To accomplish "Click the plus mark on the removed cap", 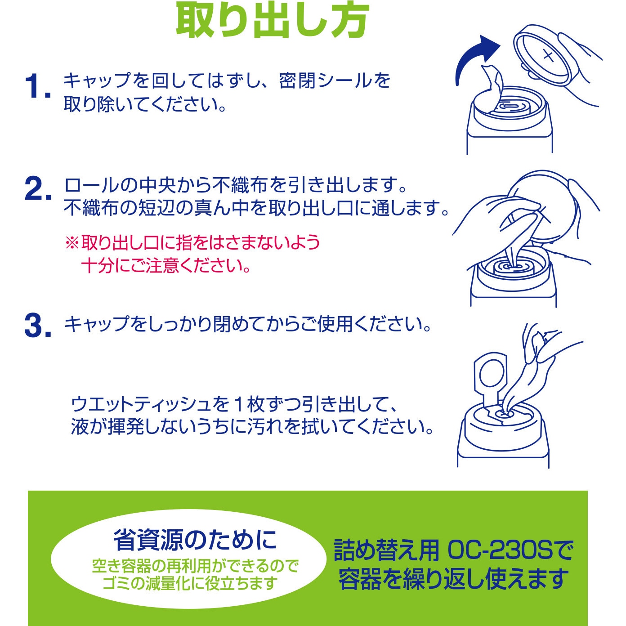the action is [x=548, y=56].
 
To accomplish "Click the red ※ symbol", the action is [x=72, y=243].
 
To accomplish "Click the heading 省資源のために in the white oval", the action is [x=195, y=540].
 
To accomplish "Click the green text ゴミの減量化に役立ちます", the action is [x=191, y=583].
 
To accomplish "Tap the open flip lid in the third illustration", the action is [x=490, y=379].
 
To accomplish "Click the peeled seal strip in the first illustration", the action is [x=492, y=88].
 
